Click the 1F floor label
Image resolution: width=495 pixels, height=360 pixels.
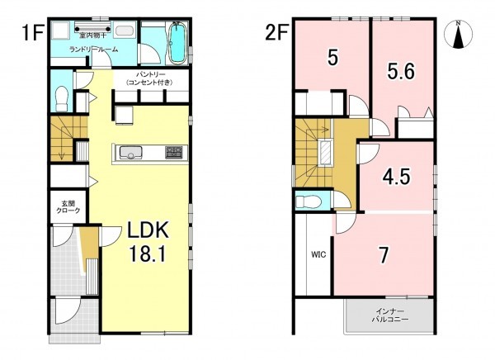(x=31, y=33)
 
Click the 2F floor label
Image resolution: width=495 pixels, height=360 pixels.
(x=277, y=33)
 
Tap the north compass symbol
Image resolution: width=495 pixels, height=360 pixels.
(x=458, y=34)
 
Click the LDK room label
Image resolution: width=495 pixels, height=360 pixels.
(x=148, y=230)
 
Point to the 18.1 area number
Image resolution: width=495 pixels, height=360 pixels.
(x=148, y=254)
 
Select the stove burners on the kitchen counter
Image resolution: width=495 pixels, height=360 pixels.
(x=173, y=152)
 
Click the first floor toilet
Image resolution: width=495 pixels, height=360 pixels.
(x=62, y=98)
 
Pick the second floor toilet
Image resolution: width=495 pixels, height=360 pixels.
(x=308, y=201)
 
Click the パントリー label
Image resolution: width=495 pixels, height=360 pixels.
(x=150, y=74)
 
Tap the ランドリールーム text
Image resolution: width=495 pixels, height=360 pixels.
(x=94, y=50)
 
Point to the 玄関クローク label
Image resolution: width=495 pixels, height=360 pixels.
(x=68, y=207)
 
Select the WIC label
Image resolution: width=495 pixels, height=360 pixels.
(x=318, y=254)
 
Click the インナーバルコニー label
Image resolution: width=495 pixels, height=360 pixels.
(x=389, y=315)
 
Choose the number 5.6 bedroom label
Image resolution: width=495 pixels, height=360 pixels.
(x=401, y=72)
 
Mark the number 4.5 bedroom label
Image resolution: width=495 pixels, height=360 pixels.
(x=397, y=177)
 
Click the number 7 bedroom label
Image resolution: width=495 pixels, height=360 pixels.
(x=384, y=255)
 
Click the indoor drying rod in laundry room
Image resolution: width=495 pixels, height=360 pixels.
(x=92, y=29)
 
